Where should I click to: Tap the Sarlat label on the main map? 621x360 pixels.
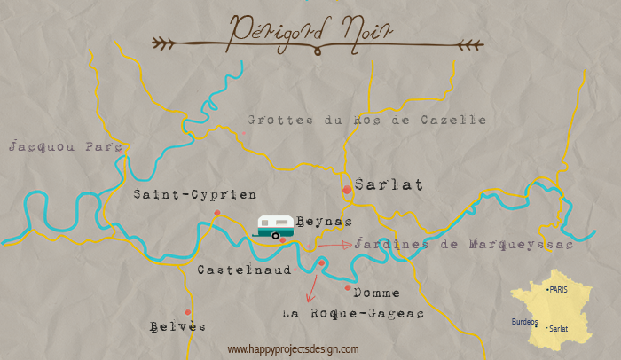pyautogui.click(x=388, y=184)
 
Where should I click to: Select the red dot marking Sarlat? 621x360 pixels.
pyautogui.click(x=347, y=190)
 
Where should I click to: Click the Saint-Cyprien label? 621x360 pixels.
pyautogui.click(x=194, y=194)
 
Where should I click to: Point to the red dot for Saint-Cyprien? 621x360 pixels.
pyautogui.click(x=217, y=213)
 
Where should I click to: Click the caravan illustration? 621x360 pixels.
pyautogui.click(x=275, y=226)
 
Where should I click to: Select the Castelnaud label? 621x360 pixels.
pyautogui.click(x=244, y=270)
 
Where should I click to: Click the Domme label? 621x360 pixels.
pyautogui.click(x=376, y=293)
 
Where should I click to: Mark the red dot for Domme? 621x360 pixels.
pyautogui.click(x=348, y=287)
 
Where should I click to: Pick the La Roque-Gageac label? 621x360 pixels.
pyautogui.click(x=352, y=313)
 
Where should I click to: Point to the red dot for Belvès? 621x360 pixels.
pyautogui.click(x=187, y=312)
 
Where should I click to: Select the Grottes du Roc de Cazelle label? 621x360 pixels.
pyautogui.click(x=366, y=119)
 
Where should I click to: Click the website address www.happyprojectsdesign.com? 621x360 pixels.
pyautogui.click(x=293, y=349)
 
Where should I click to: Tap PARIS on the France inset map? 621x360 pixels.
pyautogui.click(x=557, y=290)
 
